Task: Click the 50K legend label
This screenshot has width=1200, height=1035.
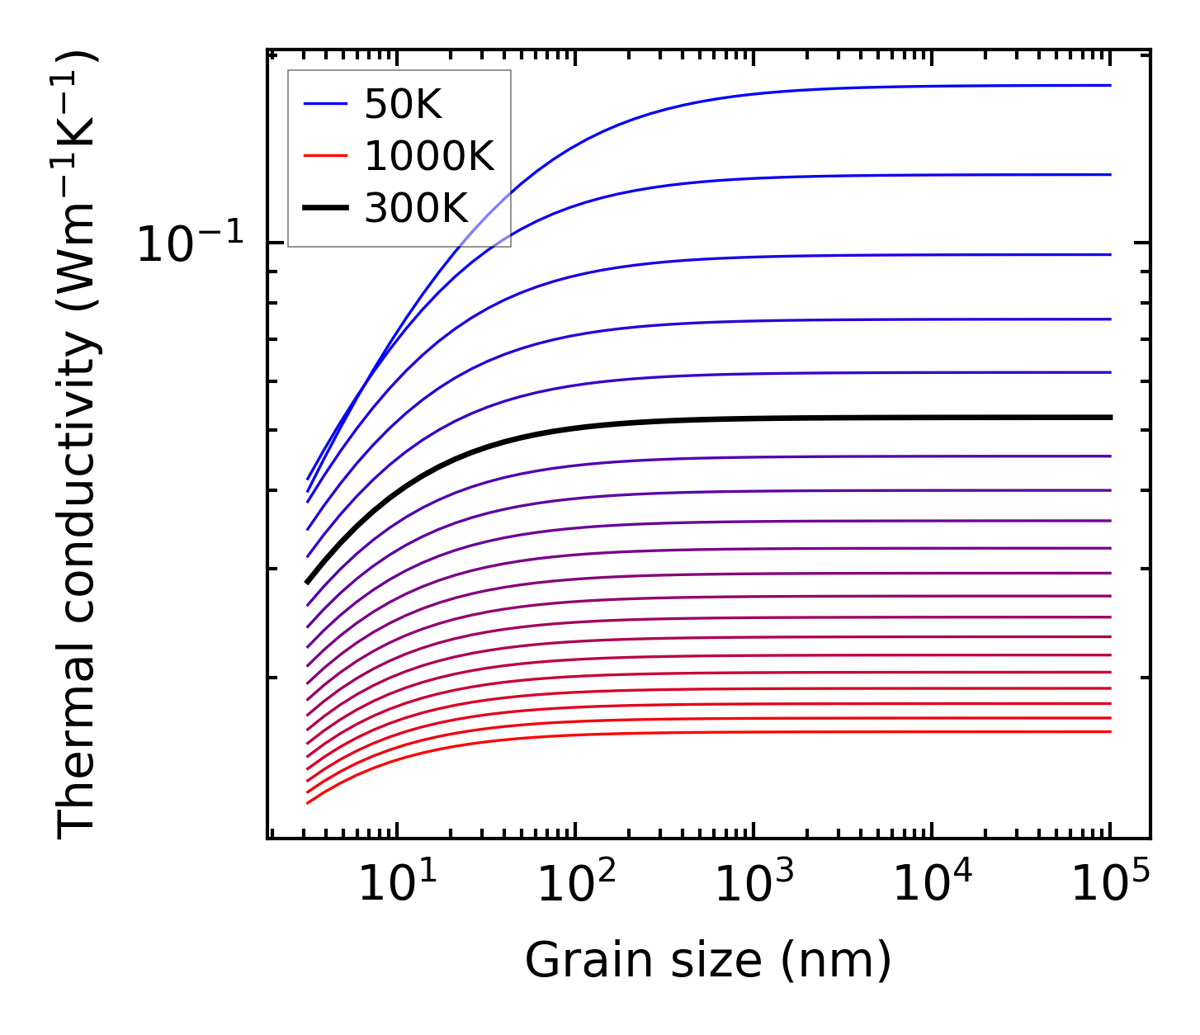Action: [403, 105]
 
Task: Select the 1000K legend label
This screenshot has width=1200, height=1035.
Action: [429, 156]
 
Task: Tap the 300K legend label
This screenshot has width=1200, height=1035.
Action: [416, 209]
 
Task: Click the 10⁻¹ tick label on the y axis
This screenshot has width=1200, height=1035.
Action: [191, 244]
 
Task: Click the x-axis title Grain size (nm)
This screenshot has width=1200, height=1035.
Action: [708, 961]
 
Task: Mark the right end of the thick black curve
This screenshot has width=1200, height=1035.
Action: [1111, 418]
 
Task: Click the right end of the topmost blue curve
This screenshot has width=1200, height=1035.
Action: [1110, 85]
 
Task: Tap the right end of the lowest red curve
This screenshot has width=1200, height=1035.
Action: [1110, 731]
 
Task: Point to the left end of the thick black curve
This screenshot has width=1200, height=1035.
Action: [307, 582]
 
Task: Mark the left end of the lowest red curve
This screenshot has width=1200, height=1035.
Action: [307, 802]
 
